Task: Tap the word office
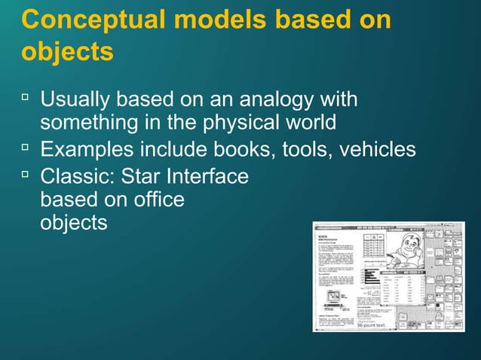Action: coord(157,201)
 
